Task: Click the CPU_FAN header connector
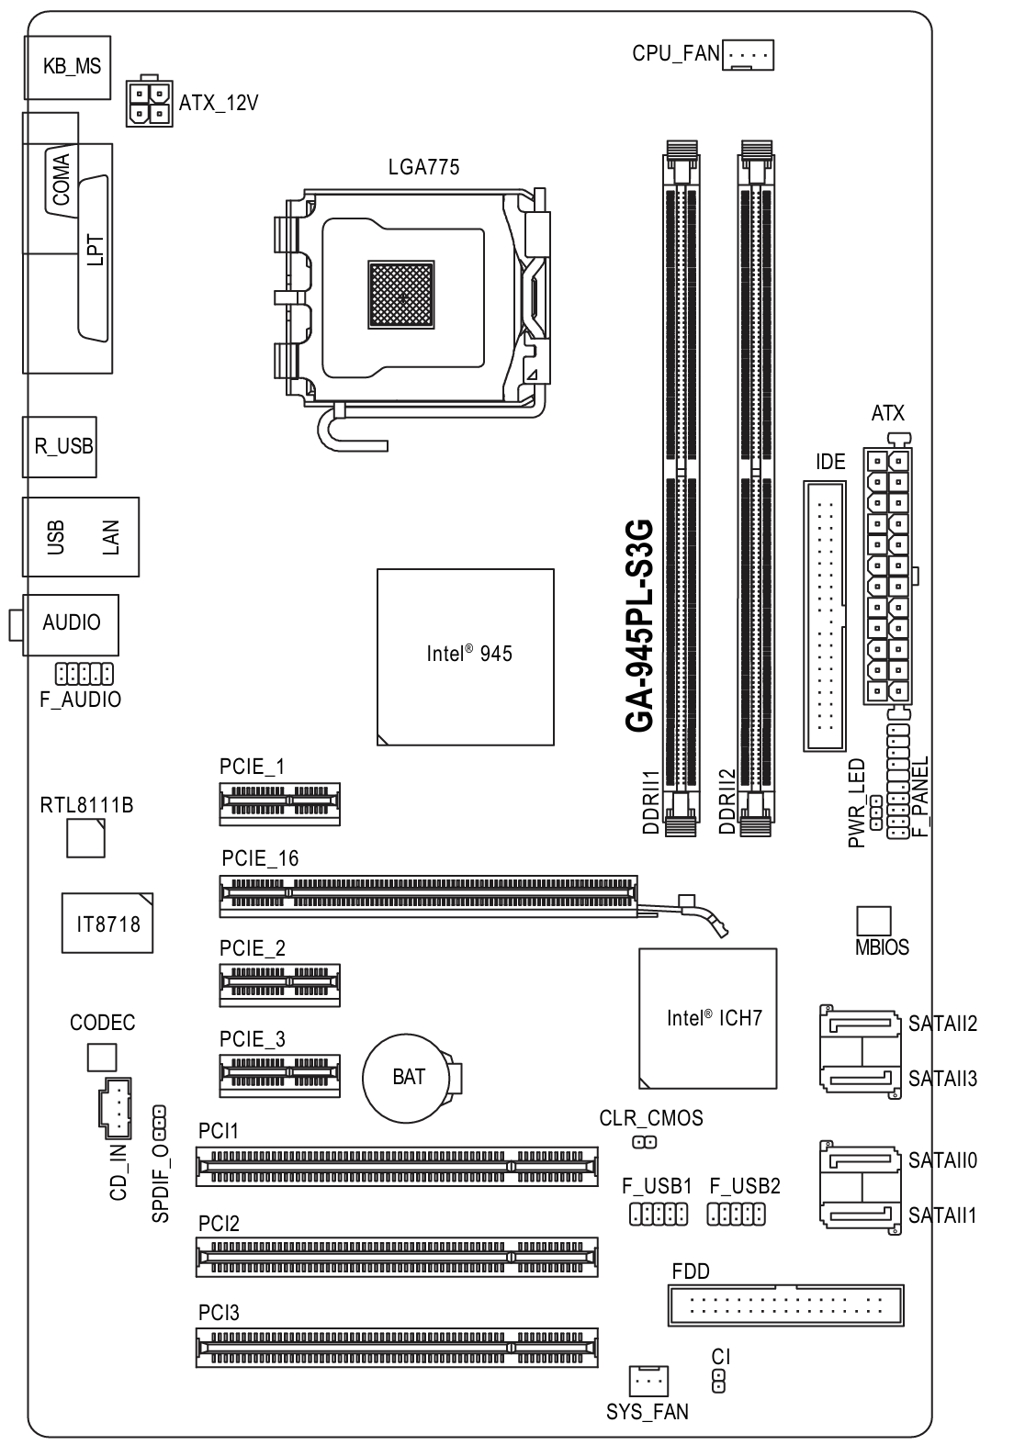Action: click(x=748, y=54)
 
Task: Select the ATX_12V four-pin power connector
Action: click(x=150, y=101)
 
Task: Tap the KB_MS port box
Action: click(x=68, y=67)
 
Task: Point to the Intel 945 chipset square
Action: click(x=466, y=657)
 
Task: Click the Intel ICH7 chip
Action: click(x=707, y=1018)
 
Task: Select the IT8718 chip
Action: click(x=107, y=923)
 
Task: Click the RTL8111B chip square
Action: click(x=85, y=838)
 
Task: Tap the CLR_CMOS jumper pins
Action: click(x=645, y=1142)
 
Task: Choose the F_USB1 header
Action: click(x=659, y=1215)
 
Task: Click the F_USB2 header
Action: click(x=736, y=1215)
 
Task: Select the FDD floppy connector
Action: click(x=785, y=1305)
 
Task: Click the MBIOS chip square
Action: click(x=873, y=922)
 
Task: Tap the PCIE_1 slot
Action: click(x=280, y=804)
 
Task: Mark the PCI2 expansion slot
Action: click(x=397, y=1257)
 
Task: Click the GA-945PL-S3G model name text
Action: click(x=639, y=625)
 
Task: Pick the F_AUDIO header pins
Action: click(x=84, y=674)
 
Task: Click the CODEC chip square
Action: click(x=102, y=1058)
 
